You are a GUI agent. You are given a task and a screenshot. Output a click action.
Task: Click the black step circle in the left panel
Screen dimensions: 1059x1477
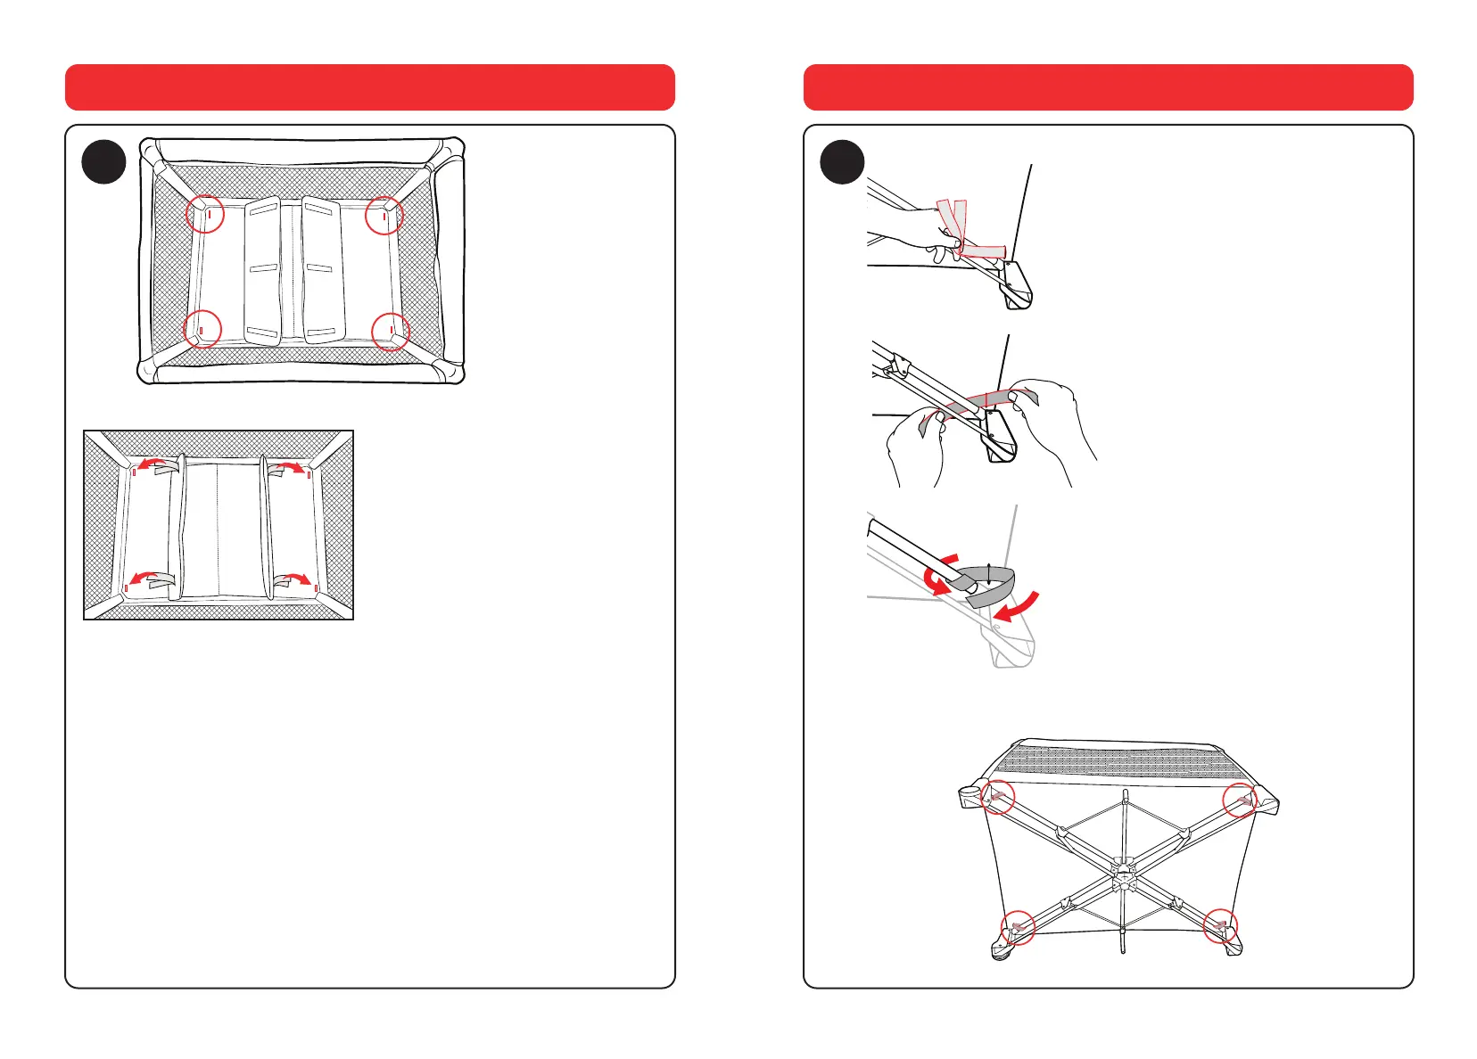point(103,162)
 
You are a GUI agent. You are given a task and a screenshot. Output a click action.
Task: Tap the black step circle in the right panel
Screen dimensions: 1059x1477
point(842,162)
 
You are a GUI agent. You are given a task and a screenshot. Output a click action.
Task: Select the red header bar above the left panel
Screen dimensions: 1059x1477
point(369,87)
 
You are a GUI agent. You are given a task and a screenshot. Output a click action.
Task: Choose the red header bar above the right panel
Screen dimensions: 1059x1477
point(1108,87)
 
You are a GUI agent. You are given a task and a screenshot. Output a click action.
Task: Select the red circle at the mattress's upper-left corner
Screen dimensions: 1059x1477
point(205,214)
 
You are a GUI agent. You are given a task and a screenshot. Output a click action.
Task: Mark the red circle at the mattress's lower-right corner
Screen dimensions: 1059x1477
point(391,332)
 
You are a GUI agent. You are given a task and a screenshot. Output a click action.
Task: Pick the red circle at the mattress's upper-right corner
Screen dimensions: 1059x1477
point(384,215)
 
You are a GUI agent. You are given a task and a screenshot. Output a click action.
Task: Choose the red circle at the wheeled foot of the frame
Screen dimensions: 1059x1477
point(1018,928)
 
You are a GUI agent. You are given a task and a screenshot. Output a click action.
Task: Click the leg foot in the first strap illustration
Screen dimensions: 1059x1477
point(1018,287)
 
